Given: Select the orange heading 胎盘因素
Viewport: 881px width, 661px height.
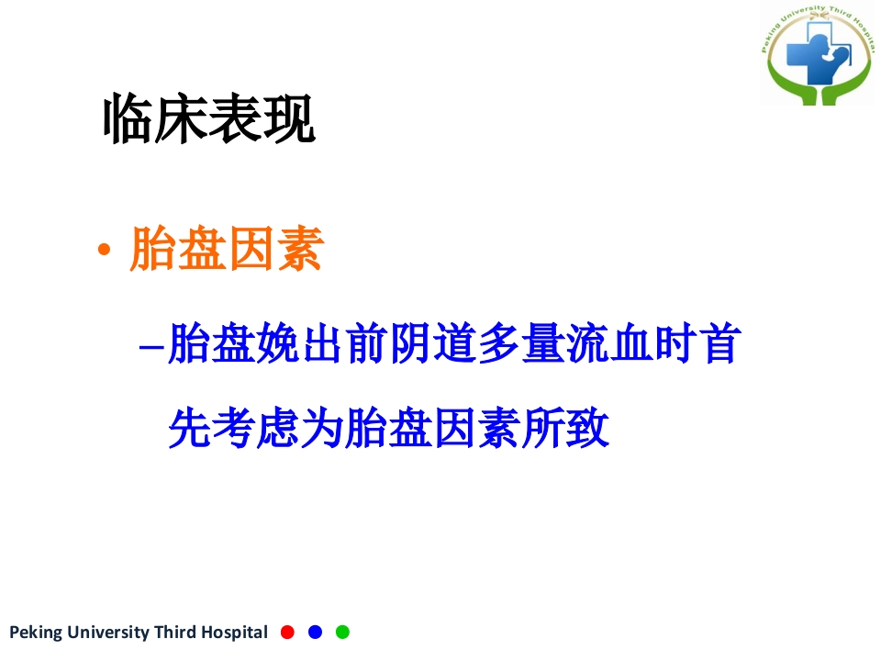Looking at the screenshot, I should (226, 249).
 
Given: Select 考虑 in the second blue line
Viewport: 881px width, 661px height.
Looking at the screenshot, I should (257, 429).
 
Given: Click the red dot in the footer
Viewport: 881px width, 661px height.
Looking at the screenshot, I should (287, 632).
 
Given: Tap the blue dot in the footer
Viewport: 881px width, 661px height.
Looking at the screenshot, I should (315, 632).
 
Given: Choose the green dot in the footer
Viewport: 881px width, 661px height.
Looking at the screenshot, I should (342, 632).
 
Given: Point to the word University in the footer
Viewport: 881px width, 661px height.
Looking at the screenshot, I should (105, 633).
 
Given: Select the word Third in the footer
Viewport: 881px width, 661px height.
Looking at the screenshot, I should (174, 633).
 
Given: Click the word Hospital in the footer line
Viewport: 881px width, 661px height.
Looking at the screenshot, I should (233, 633).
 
